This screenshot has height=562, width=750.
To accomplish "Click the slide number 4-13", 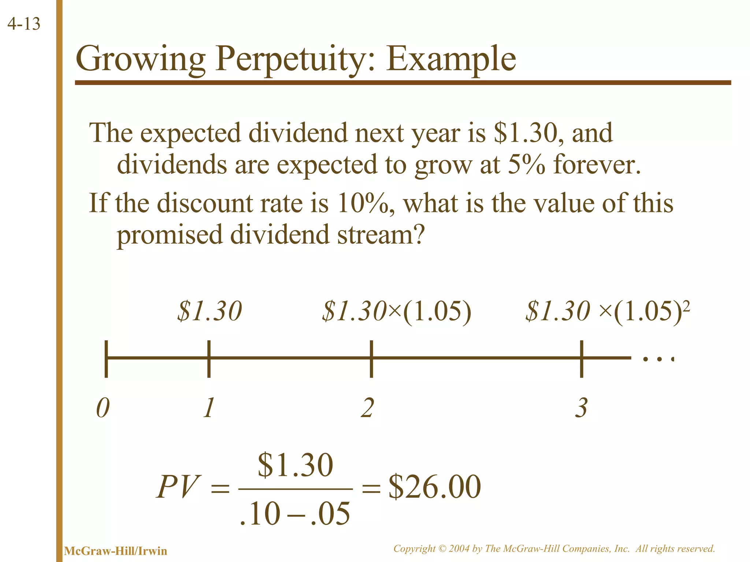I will [x=24, y=24].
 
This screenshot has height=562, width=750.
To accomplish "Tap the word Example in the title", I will [x=451, y=59].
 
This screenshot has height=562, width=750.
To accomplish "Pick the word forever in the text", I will [x=597, y=164].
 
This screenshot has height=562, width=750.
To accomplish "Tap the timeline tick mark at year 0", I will [x=106, y=359].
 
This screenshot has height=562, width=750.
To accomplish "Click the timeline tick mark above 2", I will [x=371, y=359].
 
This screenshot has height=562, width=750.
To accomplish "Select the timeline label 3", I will [x=581, y=408].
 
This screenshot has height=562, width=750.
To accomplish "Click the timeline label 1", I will [x=209, y=408].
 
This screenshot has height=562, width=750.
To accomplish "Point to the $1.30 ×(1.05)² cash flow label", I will [x=608, y=312].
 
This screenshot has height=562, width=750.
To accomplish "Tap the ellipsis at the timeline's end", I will [x=658, y=359].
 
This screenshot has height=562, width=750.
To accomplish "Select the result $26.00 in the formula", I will [x=435, y=487].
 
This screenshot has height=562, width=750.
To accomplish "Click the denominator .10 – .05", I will [x=295, y=514].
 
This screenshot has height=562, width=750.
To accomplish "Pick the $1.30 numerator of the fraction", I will [x=296, y=465].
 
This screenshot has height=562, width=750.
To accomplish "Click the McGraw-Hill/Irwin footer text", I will [x=115, y=551].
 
